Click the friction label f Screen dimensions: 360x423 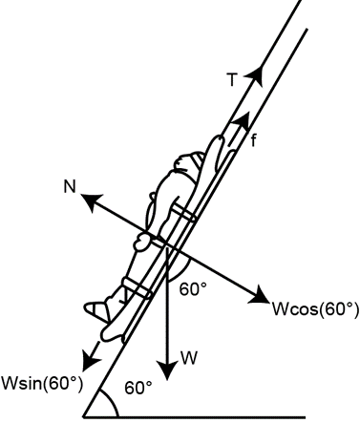(x=253, y=140)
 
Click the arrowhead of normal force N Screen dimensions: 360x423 (x=91, y=201)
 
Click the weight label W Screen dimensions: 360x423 (x=189, y=358)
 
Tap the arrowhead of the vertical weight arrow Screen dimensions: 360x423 (x=167, y=370)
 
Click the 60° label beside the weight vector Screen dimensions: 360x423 (x=193, y=288)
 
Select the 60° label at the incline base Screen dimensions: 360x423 (x=138, y=388)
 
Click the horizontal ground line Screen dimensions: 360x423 (x=194, y=416)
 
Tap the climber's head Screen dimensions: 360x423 (x=188, y=166)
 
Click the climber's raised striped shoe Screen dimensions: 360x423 (x=95, y=309)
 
